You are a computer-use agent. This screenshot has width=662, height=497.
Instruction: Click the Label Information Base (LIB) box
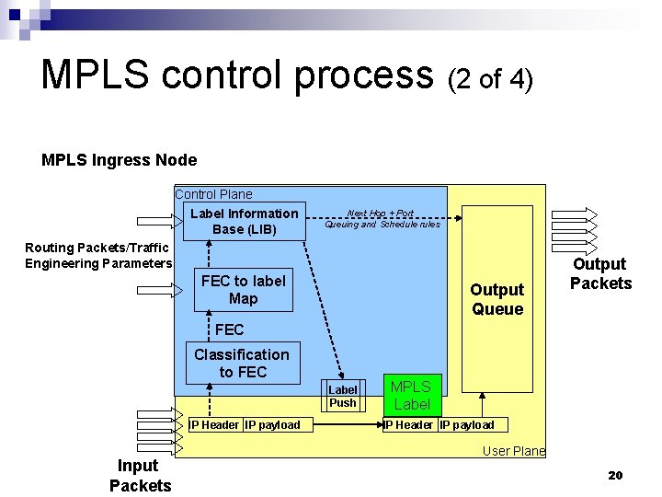tap(244, 221)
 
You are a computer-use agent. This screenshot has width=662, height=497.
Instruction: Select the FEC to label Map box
tap(243, 290)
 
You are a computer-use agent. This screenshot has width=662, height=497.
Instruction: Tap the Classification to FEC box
tap(242, 364)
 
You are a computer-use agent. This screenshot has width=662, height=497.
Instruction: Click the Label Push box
tap(342, 397)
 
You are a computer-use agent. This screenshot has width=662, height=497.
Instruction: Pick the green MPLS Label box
tap(411, 395)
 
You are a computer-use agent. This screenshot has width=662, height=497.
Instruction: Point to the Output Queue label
tap(496, 299)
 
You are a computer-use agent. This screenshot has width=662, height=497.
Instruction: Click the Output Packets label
tap(600, 273)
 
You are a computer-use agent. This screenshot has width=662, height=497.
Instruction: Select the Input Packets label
tap(140, 475)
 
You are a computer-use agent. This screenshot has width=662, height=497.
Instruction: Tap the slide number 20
tap(615, 475)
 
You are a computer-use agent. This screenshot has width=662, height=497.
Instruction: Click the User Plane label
tap(514, 451)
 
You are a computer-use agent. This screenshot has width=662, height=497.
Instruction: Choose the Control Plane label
tap(213, 194)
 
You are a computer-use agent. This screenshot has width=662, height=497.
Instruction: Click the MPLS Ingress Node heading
tap(119, 160)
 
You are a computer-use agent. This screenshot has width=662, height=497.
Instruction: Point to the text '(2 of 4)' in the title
tap(490, 79)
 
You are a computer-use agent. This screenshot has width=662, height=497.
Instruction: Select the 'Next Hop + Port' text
tap(380, 214)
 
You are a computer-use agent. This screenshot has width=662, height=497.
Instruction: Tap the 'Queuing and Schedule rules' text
tap(382, 224)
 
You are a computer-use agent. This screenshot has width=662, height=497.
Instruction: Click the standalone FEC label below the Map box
tap(229, 329)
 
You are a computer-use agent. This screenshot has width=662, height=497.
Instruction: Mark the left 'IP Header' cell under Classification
tap(215, 424)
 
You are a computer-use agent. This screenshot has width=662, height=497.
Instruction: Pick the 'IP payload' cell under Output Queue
tap(466, 424)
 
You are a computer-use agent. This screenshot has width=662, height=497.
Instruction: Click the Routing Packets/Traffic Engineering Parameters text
tap(97, 256)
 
